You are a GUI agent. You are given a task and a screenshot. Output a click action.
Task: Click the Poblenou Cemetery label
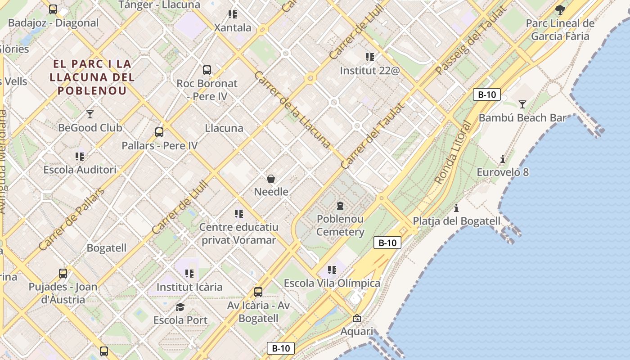point(340,225)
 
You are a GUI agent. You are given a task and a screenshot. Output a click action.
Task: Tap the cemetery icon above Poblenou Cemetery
point(340,206)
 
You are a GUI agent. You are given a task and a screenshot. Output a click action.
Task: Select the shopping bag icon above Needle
point(271,179)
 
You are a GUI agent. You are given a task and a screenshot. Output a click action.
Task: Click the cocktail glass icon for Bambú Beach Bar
point(522,104)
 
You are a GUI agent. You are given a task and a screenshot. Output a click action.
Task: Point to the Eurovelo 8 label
point(503,172)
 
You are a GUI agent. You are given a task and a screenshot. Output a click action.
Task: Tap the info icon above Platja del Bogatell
point(456,208)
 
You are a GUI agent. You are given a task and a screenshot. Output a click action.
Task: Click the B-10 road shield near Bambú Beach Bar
point(487,94)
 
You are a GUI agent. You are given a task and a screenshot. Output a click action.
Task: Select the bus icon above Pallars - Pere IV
point(159,132)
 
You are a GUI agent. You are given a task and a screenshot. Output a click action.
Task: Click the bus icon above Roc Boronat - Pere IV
point(207,70)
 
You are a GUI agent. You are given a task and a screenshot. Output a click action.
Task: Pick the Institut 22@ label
point(369,71)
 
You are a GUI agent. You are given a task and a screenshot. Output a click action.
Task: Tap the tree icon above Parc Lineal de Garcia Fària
point(560,10)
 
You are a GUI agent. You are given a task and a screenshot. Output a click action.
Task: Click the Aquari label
point(357,332)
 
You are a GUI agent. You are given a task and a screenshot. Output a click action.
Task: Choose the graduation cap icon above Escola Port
point(180,307)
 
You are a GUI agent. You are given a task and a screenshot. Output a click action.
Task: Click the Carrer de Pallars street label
point(72,219)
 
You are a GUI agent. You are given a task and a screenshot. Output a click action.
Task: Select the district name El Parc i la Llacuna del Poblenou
point(92,77)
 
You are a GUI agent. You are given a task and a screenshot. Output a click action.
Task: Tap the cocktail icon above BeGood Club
point(90,114)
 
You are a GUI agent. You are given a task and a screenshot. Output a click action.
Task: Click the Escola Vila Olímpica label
point(332,283)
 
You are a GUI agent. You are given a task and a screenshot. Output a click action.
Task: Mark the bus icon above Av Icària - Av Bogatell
point(258,292)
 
